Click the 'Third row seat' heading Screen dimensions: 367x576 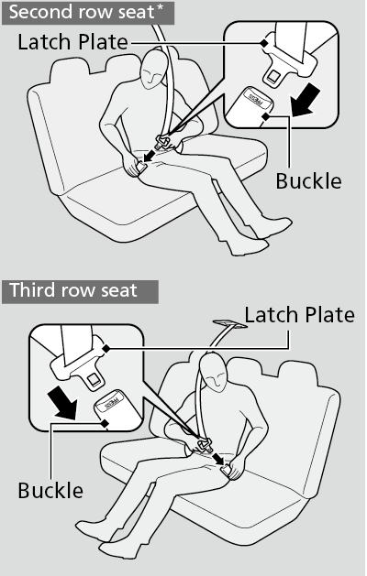pyautogui.click(x=73, y=290)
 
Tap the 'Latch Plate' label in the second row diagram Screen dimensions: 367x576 pyautogui.click(x=72, y=42)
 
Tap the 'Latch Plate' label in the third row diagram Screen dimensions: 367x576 pyautogui.click(x=300, y=315)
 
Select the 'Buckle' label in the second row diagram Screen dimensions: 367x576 pyautogui.click(x=308, y=181)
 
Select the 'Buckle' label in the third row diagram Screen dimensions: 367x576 pyautogui.click(x=50, y=491)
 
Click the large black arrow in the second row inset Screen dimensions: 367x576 pyautogui.click(x=306, y=100)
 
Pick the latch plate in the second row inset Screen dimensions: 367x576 pyautogui.click(x=289, y=57)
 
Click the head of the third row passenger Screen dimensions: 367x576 pyautogui.click(x=214, y=372)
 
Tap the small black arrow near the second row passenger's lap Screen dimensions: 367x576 pyautogui.click(x=150, y=155)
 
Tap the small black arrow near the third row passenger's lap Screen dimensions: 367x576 pyautogui.click(x=220, y=459)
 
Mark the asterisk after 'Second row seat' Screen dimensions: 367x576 pyautogui.click(x=160, y=8)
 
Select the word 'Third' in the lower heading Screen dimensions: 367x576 pyautogui.click(x=32, y=290)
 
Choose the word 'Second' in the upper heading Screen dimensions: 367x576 pyautogui.click(x=39, y=12)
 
